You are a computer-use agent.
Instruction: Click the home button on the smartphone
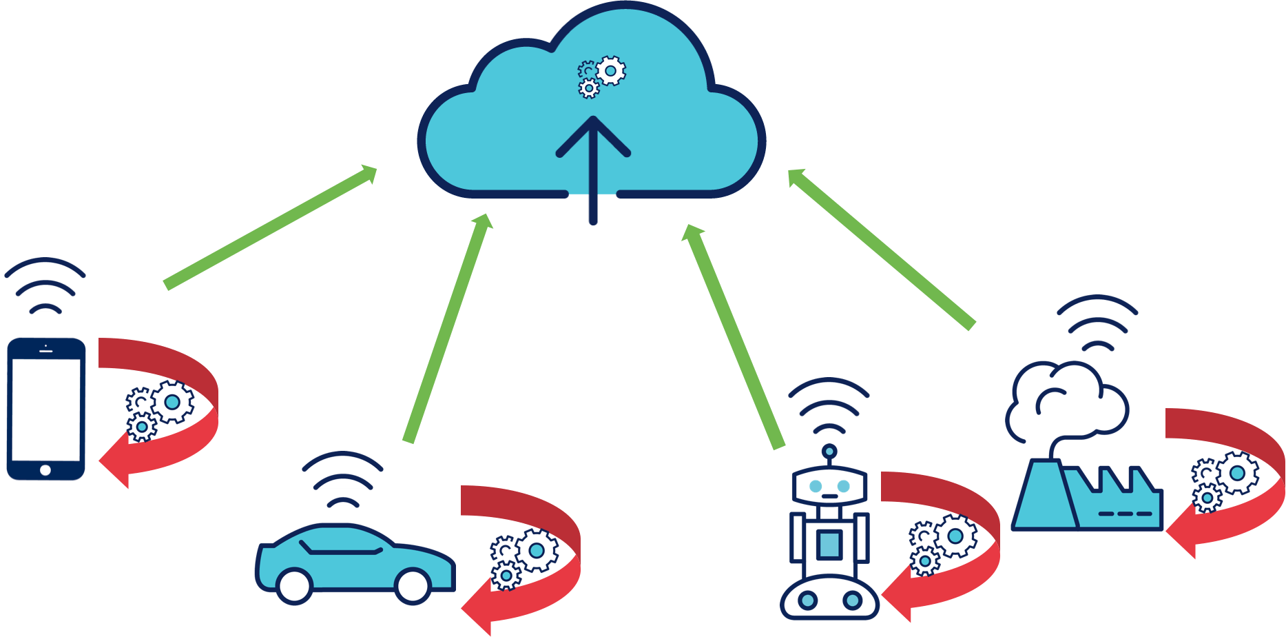[x=45, y=470]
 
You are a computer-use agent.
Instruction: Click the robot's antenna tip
[x=829, y=452]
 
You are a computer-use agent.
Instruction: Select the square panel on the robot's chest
[x=829, y=545]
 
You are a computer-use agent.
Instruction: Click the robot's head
[x=829, y=487]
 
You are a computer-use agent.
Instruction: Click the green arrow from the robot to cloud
[x=733, y=335]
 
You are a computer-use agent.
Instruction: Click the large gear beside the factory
[x=1238, y=473]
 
